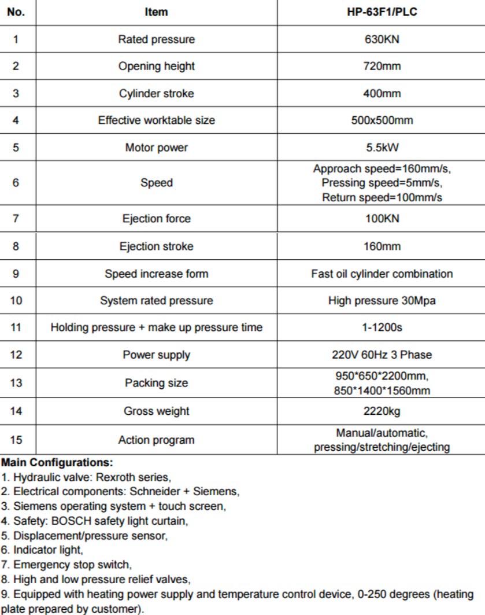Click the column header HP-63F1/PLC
coord(381,12)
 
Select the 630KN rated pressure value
coord(381,39)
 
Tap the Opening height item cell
coord(156,66)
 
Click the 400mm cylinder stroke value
coord(381,93)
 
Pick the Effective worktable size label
coord(156,120)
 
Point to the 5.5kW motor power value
coord(381,148)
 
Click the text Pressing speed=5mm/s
coord(382,183)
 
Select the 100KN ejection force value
coord(381,219)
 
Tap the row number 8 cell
coord(16,246)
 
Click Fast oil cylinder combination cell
coord(382,273)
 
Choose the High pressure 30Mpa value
coord(382,300)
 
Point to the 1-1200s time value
coord(382,327)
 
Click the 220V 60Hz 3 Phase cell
coord(382,355)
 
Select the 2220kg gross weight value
coord(382,411)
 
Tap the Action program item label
coord(156,440)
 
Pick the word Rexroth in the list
coord(116,477)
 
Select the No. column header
coord(16,12)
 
